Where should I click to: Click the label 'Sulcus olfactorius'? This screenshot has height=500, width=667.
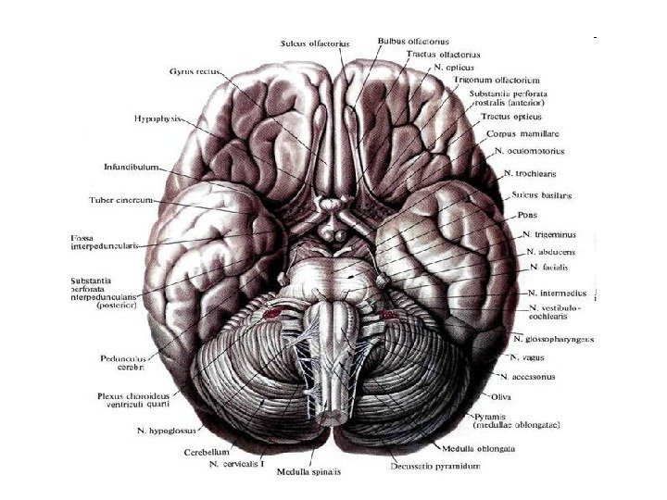(318, 42)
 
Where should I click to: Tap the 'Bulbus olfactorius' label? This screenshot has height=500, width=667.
(412, 41)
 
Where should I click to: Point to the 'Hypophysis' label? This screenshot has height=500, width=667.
(159, 119)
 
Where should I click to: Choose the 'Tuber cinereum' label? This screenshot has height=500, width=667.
(120, 200)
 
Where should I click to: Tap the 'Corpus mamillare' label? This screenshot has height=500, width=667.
(520, 133)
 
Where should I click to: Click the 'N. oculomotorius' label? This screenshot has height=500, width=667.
(529, 150)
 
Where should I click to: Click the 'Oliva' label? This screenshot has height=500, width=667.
(528, 396)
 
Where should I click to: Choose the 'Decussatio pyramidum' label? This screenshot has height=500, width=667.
(435, 467)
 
